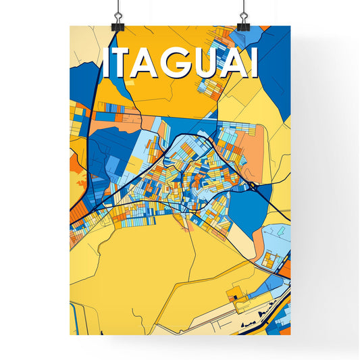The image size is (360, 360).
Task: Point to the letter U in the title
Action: tap(199, 64)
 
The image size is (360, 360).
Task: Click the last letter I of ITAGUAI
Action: tap(253, 64)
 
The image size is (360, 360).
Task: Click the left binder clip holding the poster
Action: tap(118, 19)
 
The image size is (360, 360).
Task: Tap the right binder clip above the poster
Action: tap(243, 19)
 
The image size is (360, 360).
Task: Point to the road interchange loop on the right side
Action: tap(251, 184)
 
